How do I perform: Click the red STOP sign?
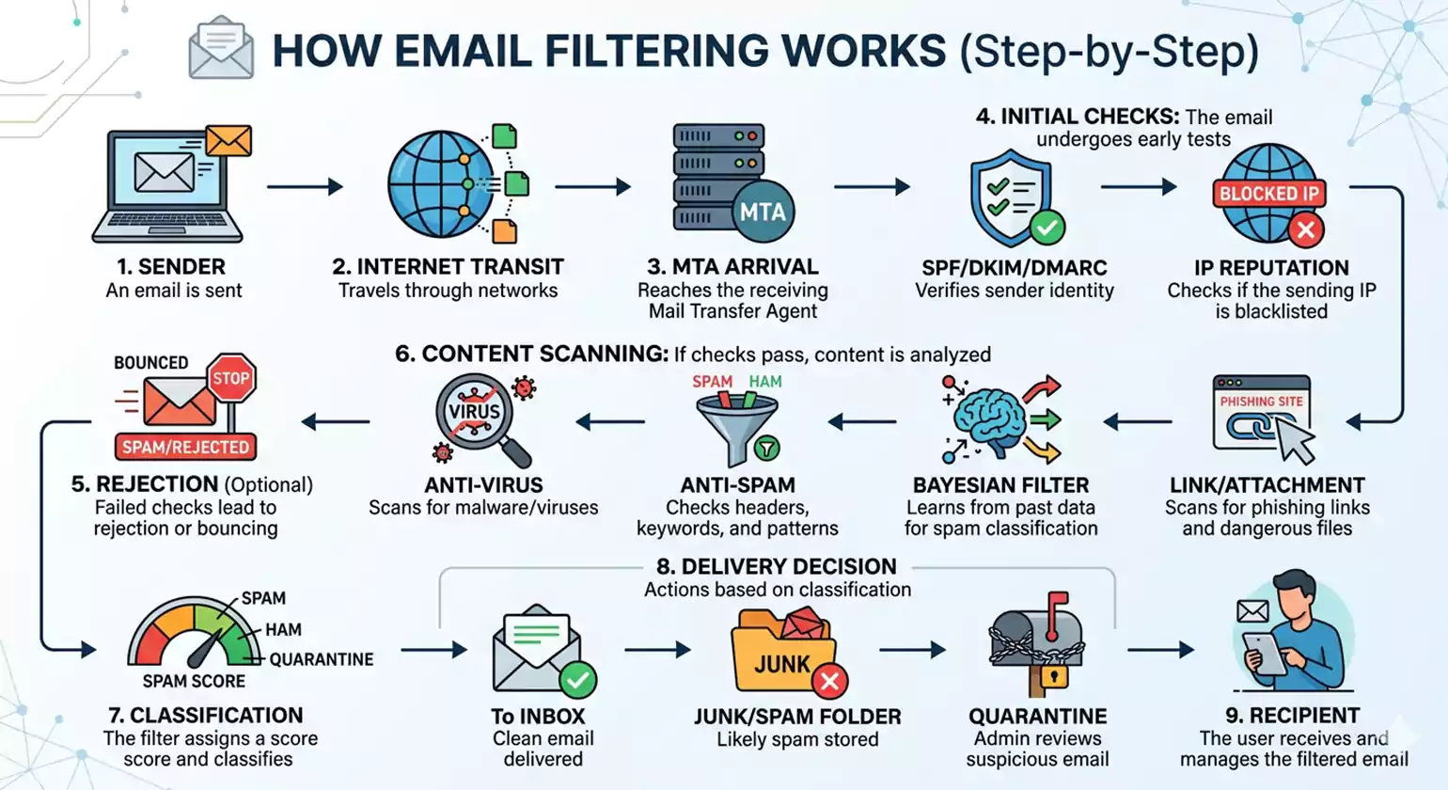point(230,378)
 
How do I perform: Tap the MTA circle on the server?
point(762,212)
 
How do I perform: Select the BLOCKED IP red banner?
point(1268,194)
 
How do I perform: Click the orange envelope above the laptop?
point(228,141)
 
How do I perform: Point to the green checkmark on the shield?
point(1047,227)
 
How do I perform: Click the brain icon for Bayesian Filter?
point(986,419)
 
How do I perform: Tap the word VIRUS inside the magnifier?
point(474,412)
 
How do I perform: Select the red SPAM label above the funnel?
point(712,382)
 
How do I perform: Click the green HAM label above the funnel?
point(765,382)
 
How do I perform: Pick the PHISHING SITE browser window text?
point(1261,402)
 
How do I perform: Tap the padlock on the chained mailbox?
point(1053,675)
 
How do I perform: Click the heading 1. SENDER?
point(172,267)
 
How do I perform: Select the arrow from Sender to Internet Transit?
point(305,187)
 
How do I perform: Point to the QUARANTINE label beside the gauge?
point(322,659)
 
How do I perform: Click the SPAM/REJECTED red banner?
point(185,447)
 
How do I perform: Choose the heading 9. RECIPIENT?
point(1293,716)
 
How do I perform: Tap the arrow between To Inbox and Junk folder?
point(657,649)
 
